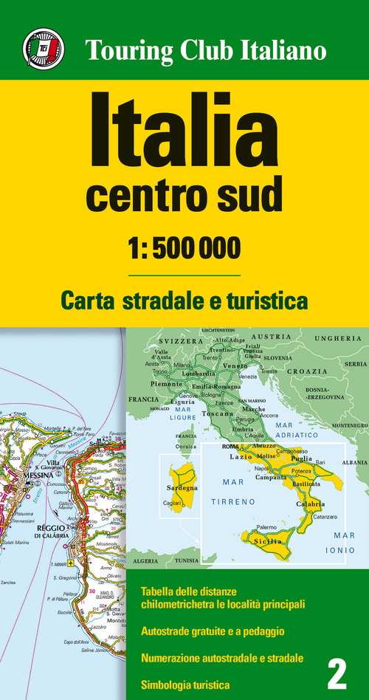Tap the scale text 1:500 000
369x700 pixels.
[184, 248]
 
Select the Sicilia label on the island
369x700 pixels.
[271, 541]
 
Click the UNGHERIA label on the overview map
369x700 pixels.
[339, 337]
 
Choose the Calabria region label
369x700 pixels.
[309, 504]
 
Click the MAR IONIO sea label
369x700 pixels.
[344, 543]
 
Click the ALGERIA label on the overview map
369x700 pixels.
[145, 560]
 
